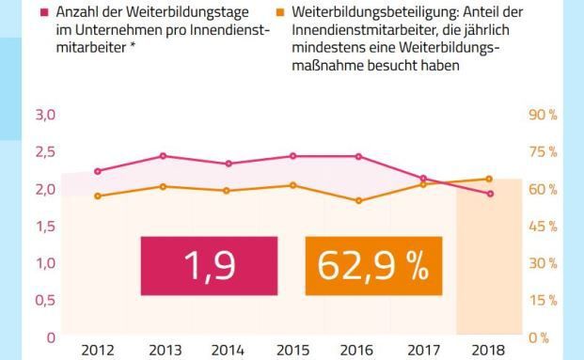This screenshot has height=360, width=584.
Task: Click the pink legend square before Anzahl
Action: pyautogui.click(x=46, y=14)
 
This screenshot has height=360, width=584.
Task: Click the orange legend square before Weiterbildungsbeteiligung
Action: pyautogui.click(x=281, y=14)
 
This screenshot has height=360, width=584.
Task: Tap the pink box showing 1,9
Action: pyautogui.click(x=209, y=266)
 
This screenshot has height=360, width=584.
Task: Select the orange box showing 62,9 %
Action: pyautogui.click(x=372, y=266)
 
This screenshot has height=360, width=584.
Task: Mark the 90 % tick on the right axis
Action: pyautogui.click(x=545, y=115)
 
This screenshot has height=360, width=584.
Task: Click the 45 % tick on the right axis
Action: pyautogui.click(x=545, y=227)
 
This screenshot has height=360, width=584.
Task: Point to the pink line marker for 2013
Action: pyautogui.click(x=164, y=156)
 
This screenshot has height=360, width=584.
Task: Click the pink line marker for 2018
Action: pyautogui.click(x=488, y=194)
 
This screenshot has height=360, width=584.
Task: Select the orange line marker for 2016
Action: pyautogui.click(x=358, y=200)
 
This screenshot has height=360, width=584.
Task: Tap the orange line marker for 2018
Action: pyautogui.click(x=488, y=179)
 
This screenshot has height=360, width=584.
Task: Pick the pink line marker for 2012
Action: pyautogui.click(x=99, y=171)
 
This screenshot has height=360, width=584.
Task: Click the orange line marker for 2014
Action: pyautogui.click(x=229, y=191)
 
